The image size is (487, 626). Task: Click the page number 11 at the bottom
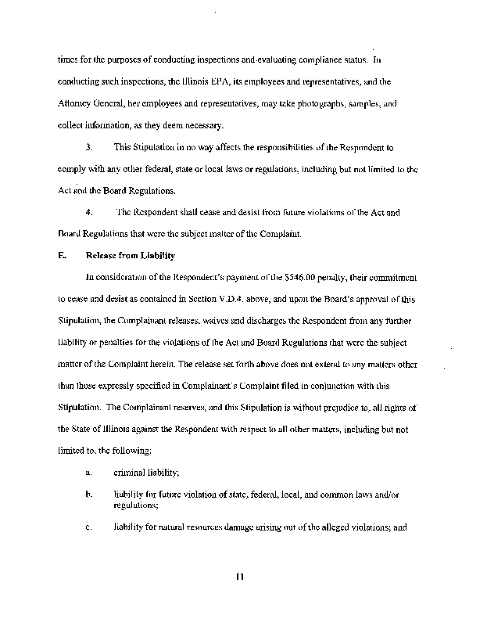point(240,578)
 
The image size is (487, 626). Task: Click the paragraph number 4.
point(89,211)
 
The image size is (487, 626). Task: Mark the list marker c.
point(88,526)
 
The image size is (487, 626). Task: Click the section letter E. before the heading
point(61,255)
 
